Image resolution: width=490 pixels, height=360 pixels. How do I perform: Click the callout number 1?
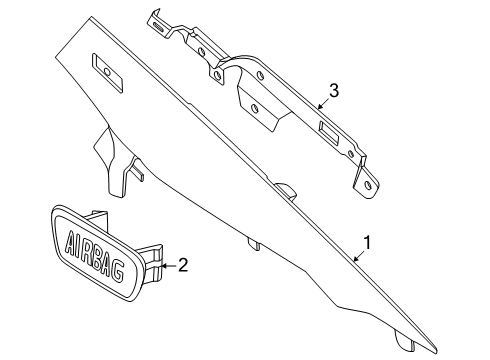tap(367, 243)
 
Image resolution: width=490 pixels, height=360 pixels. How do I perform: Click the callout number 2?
tap(183, 265)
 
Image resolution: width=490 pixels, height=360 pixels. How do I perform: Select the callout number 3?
tap(334, 90)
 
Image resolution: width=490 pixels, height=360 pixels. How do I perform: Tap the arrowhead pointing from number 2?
tap(164, 266)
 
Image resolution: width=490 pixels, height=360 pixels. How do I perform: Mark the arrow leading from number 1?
tap(359, 256)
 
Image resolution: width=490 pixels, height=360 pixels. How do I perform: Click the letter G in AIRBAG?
tap(117, 271)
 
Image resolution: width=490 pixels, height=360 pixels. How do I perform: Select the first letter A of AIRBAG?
tap(70, 241)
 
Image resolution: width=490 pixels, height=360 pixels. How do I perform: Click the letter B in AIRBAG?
tap(97, 258)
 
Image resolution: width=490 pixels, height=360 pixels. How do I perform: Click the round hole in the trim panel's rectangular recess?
tap(107, 72)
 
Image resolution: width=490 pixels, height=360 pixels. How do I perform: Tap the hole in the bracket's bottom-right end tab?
tap(368, 186)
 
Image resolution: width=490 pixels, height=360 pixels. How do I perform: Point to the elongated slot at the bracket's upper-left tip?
tap(159, 27)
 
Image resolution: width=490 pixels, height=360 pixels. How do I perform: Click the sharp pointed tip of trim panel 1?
tap(437, 352)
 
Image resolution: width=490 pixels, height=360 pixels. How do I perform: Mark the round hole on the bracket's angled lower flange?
tap(255, 109)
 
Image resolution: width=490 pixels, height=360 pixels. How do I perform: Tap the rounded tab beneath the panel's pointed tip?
tap(405, 341)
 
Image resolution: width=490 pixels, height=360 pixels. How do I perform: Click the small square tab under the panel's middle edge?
tap(254, 244)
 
